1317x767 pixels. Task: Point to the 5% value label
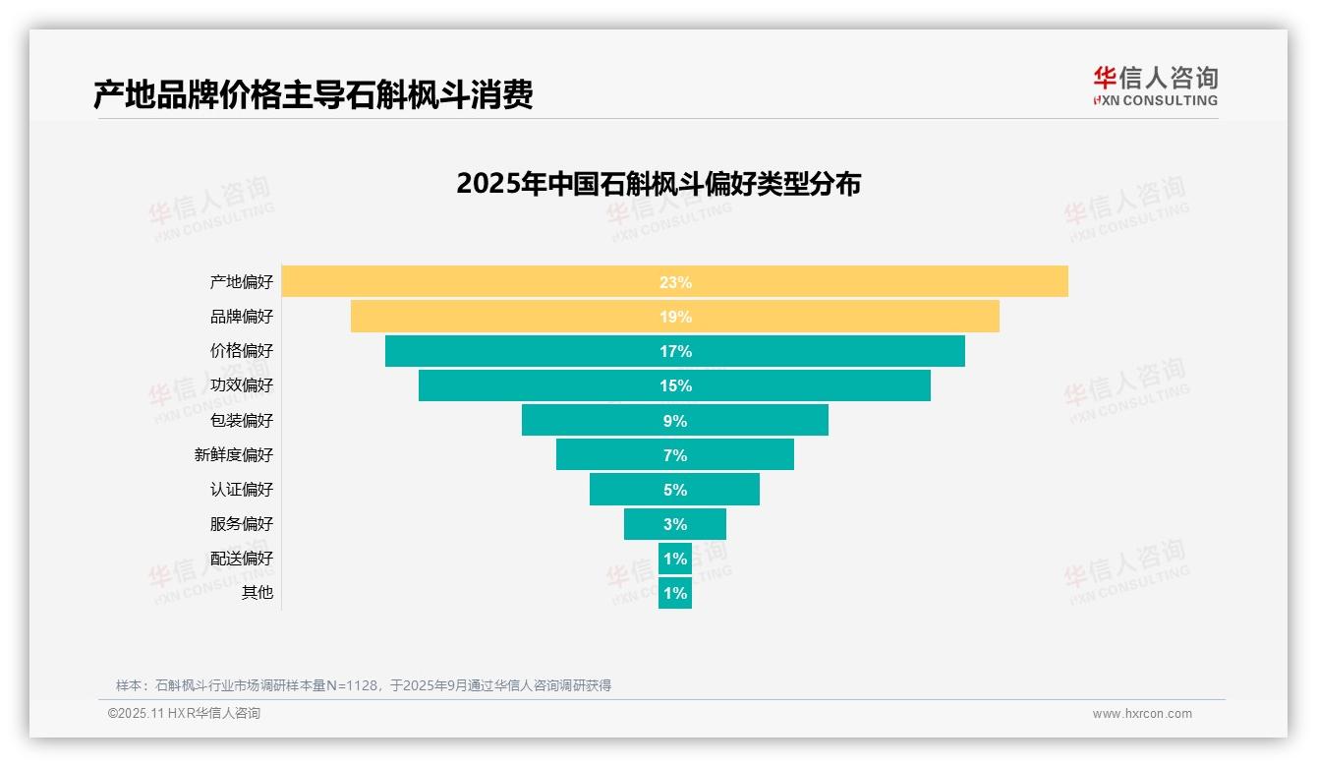pos(675,490)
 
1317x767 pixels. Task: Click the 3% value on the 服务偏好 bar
pos(675,524)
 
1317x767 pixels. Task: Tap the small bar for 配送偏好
pos(675,559)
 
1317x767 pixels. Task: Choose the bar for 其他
pos(675,593)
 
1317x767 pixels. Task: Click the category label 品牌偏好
pos(242,317)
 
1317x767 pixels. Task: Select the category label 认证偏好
pos(242,490)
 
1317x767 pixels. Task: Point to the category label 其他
pos(258,593)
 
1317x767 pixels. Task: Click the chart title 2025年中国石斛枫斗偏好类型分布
pos(658,184)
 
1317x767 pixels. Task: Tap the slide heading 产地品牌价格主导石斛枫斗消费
pos(314,94)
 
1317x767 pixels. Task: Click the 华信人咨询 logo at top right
pos(1155,86)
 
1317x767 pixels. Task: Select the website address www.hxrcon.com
pos(1142,714)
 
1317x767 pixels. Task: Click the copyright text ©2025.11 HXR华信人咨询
pos(184,714)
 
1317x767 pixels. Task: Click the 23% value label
pos(675,282)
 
